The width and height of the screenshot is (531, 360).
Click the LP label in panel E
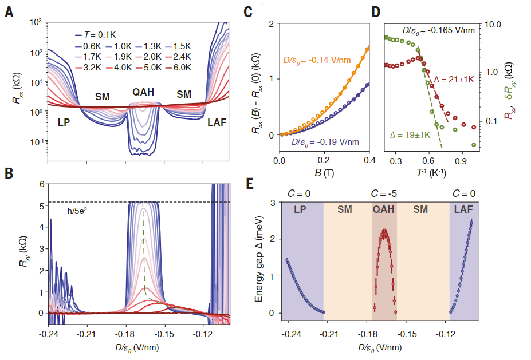pyautogui.click(x=300, y=209)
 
